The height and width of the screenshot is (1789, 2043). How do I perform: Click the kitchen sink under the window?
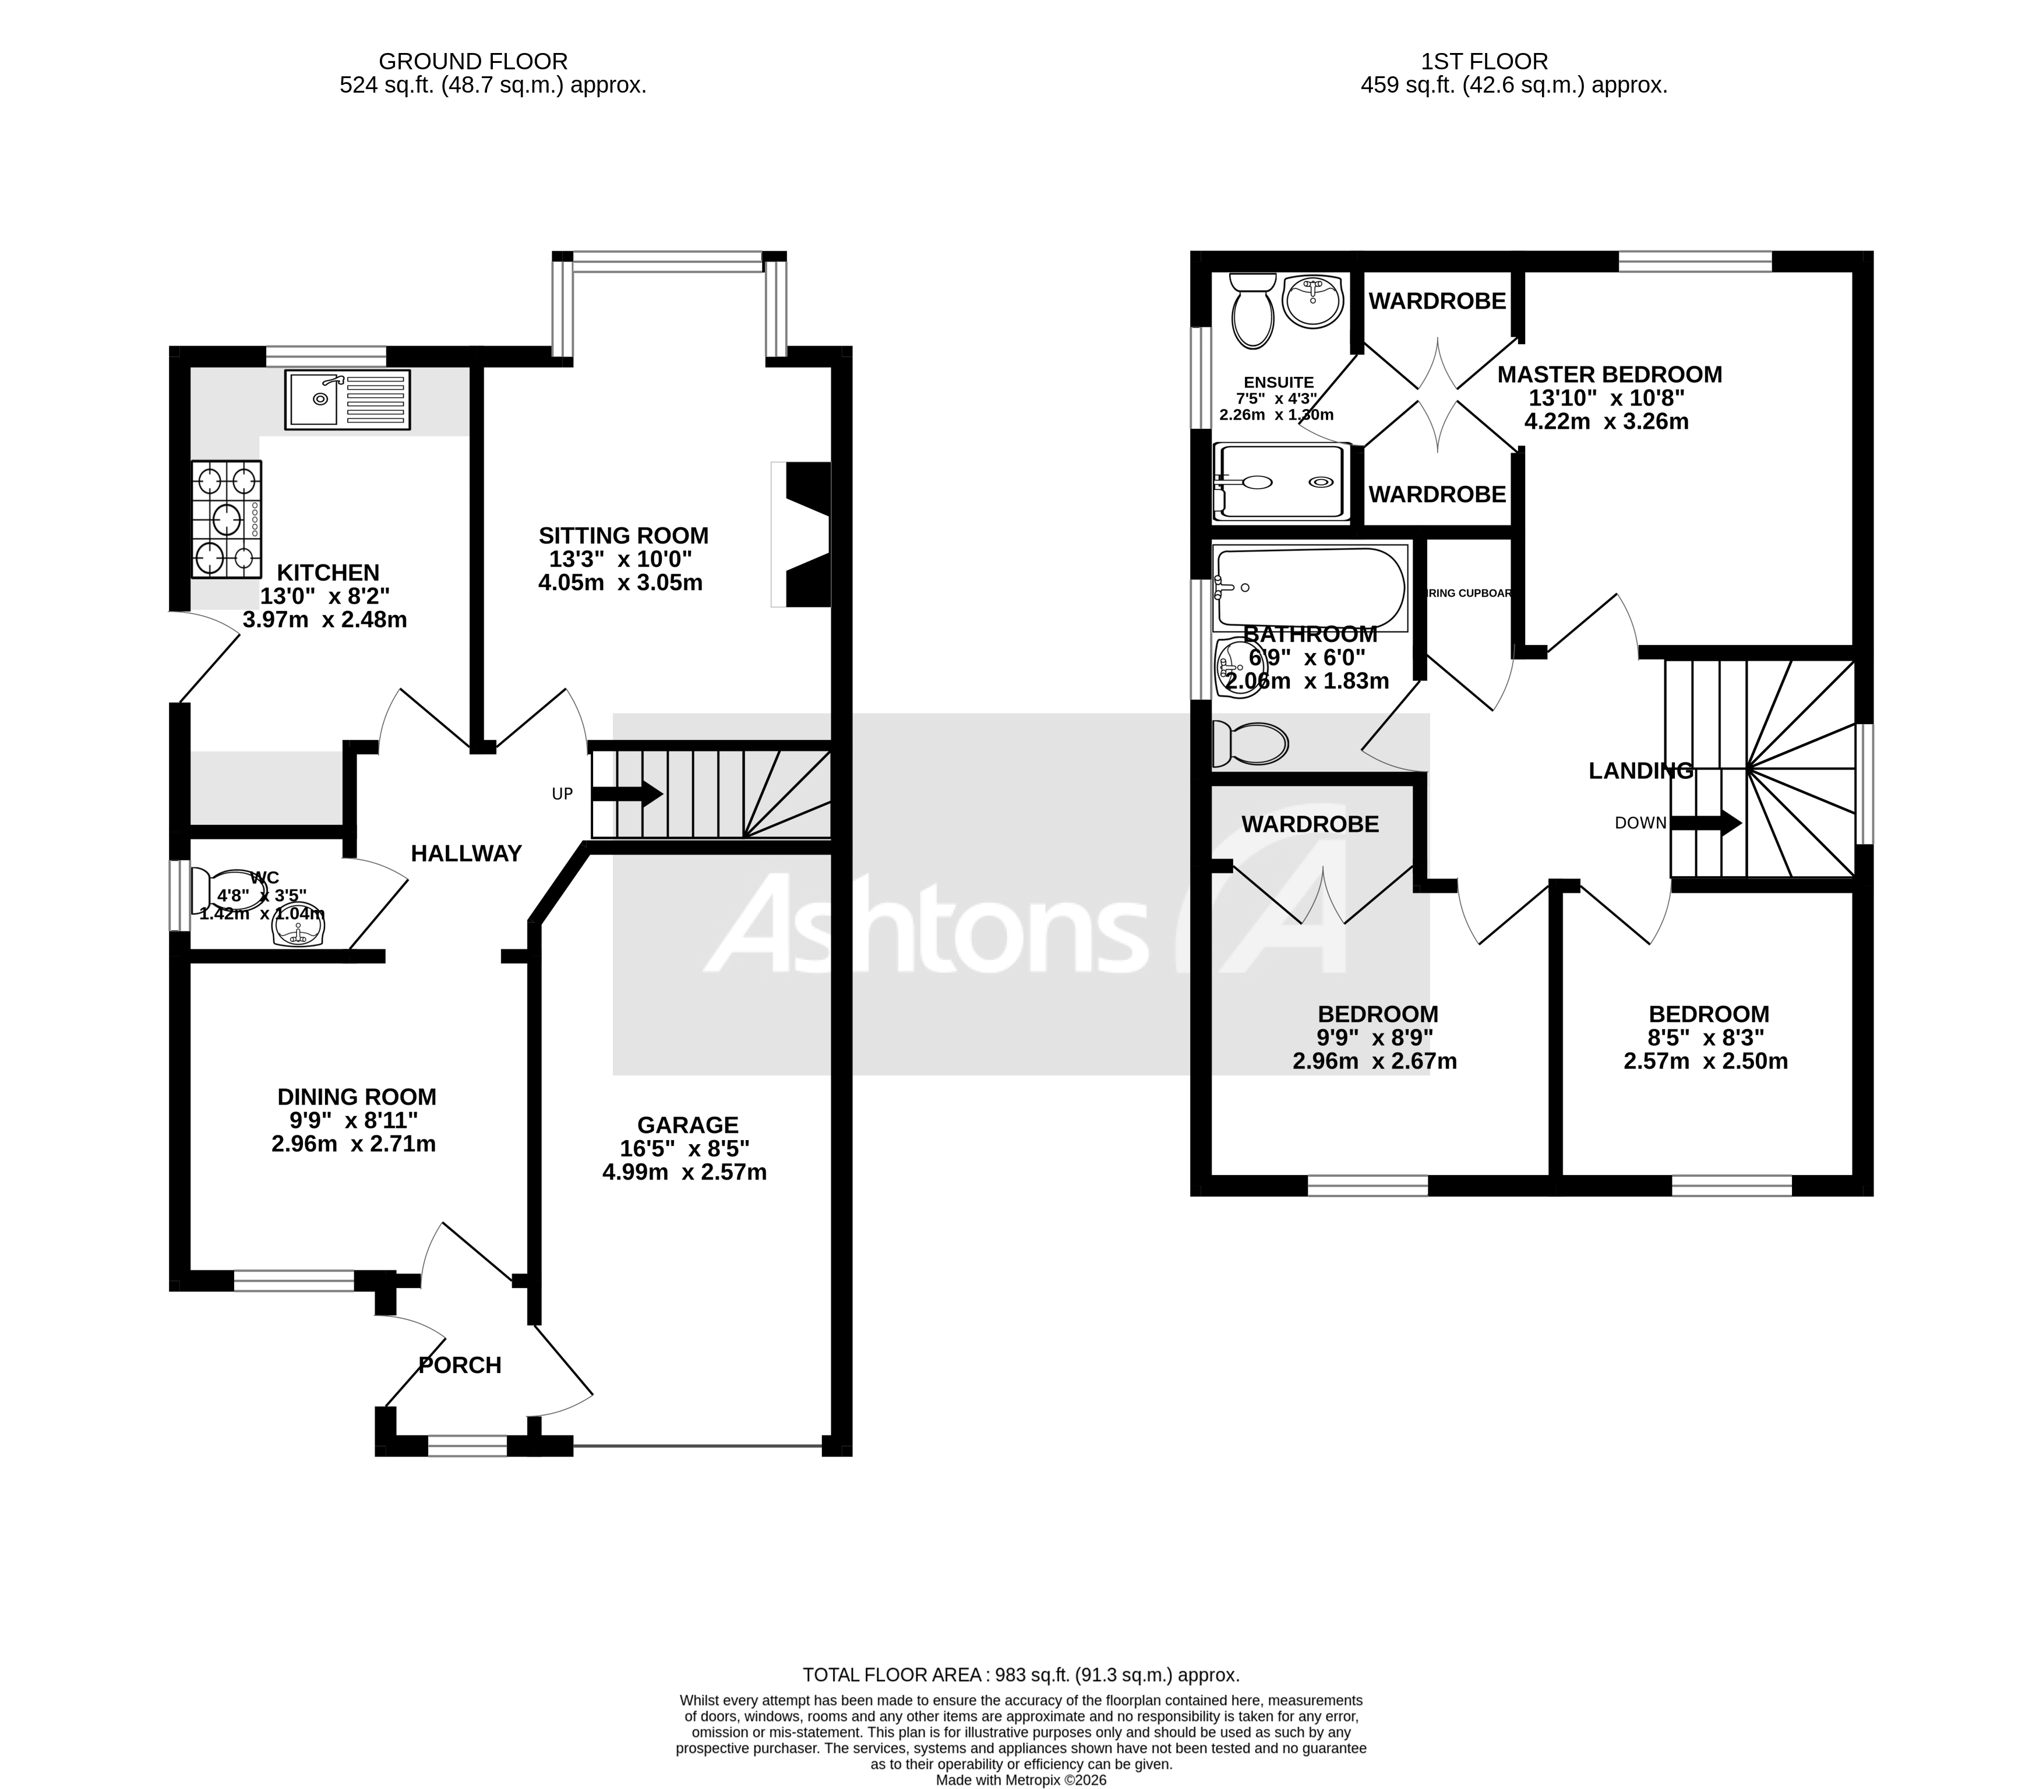click(x=347, y=399)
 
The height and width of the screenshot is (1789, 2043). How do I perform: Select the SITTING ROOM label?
click(x=623, y=535)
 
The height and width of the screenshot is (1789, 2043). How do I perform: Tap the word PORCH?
click(x=459, y=1365)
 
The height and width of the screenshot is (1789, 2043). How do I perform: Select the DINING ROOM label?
click(x=357, y=1096)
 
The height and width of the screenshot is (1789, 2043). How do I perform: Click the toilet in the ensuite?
click(x=1252, y=312)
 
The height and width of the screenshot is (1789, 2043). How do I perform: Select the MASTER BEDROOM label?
click(x=1610, y=375)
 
